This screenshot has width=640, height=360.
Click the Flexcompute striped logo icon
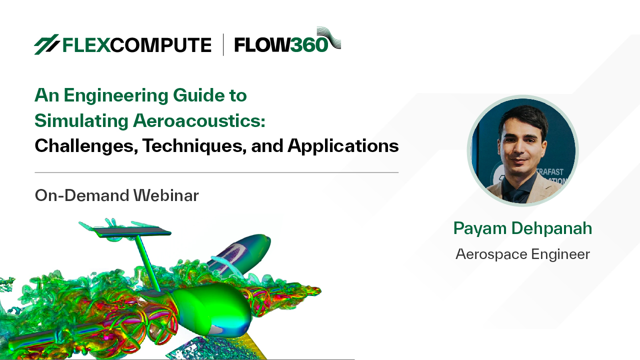[x=46, y=44]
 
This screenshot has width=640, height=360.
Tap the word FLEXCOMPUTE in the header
[x=136, y=45]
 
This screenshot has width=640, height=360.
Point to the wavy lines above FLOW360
[x=329, y=36]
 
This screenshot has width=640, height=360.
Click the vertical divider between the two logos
[x=223, y=44]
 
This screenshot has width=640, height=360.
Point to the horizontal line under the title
[x=216, y=172]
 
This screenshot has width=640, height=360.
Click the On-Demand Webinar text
[x=116, y=195]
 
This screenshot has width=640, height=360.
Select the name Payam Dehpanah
[x=522, y=228]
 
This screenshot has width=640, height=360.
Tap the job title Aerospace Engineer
[x=522, y=254]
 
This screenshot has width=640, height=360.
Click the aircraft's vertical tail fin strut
[x=147, y=262]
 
